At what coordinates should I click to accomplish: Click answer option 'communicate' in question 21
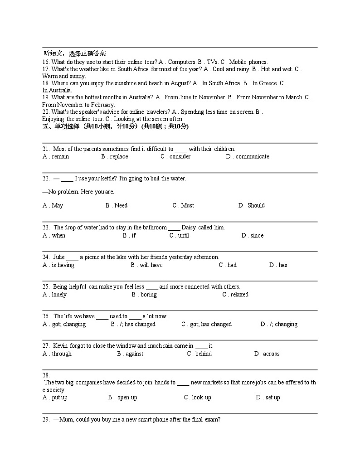pyautogui.click(x=252, y=157)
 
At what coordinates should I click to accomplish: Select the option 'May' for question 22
pyautogui.click(x=57, y=206)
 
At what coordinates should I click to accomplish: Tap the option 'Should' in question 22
pyautogui.click(x=256, y=206)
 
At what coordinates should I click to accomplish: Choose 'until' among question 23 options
pyautogui.click(x=183, y=236)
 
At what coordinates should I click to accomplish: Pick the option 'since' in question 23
pyautogui.click(x=257, y=236)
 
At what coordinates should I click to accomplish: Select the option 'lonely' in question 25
pyautogui.click(x=59, y=295)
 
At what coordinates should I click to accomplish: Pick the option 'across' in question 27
pyautogui.click(x=271, y=354)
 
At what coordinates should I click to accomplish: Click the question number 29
pyautogui.click(x=46, y=420)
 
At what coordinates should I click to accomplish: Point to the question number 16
pyautogui.click(x=46, y=62)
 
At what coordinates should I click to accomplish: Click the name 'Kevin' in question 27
pyautogui.click(x=61, y=346)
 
